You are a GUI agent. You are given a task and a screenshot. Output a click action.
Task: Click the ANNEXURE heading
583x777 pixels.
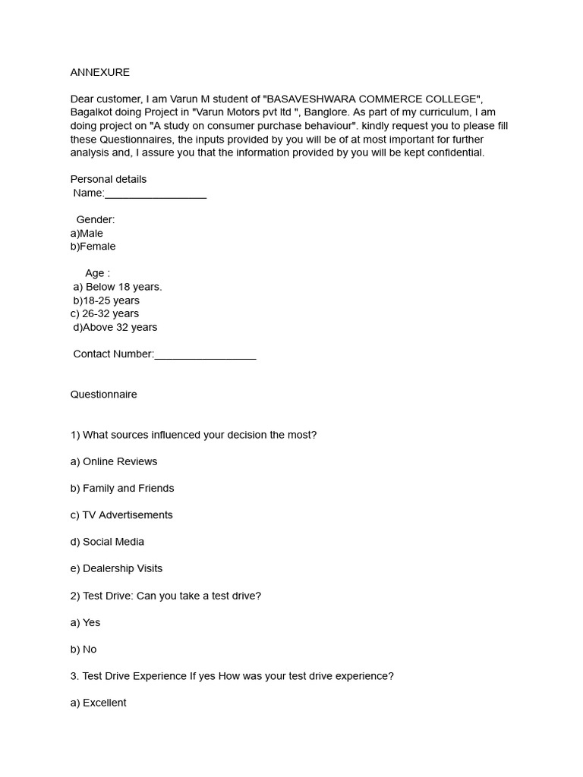coord(99,72)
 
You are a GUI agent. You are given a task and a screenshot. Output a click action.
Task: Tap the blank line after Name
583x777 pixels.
coord(156,193)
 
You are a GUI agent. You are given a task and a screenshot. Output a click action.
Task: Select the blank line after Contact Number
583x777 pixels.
coord(205,354)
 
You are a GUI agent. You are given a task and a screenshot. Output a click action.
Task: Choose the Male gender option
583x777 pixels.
coord(87,233)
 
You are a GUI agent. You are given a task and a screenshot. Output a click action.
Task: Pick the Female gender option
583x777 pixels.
coord(93,247)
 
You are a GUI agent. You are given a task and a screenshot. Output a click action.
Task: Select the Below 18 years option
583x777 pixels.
coord(118,287)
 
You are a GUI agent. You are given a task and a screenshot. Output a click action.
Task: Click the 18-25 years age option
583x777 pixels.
coord(106,300)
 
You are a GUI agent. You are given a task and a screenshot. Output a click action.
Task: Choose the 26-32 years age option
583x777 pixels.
coord(105,313)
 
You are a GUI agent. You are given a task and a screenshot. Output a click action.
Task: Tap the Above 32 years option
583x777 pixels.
coord(115,327)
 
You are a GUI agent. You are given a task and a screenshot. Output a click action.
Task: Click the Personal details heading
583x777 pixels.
coord(109,179)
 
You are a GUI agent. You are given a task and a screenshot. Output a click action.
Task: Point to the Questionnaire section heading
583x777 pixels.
coord(103,395)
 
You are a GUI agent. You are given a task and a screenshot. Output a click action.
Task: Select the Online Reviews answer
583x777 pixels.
coord(114,461)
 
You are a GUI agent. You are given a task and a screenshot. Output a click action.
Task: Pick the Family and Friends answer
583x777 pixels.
coord(122,488)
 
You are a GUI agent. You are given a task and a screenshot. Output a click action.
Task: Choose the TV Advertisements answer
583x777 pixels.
coord(121,514)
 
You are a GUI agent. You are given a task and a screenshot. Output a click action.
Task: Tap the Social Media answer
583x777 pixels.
coord(107,542)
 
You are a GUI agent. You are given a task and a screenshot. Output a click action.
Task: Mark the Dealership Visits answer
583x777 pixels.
coord(116,568)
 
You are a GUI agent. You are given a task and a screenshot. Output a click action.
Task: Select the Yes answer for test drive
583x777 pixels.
coord(85,622)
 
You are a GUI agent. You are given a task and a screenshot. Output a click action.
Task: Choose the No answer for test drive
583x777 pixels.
coord(84,650)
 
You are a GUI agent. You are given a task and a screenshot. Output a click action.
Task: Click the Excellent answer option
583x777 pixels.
coord(98,703)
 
